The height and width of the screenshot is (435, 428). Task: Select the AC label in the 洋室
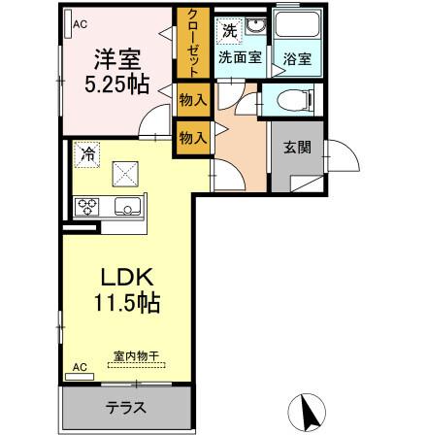tap(80, 24)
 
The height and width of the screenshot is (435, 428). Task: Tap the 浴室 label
tap(296, 58)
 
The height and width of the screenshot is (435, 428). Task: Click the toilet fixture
tap(290, 100)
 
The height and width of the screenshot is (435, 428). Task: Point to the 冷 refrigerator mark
tap(88, 153)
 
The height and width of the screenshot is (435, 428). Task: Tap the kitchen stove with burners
tap(90, 206)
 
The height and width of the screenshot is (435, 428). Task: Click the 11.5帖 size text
tap(120, 302)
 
